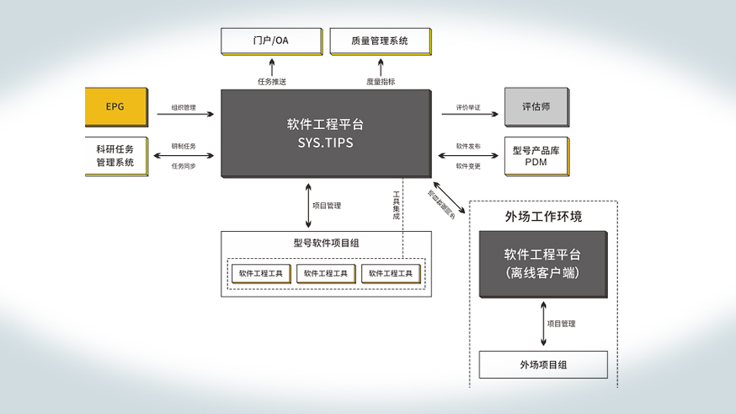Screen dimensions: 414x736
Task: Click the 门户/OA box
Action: (x=271, y=40)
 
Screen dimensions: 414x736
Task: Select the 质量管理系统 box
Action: (x=381, y=40)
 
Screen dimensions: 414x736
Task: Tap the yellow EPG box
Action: (x=115, y=107)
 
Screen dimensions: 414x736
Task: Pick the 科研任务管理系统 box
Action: (x=115, y=156)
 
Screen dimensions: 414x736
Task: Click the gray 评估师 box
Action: (x=536, y=107)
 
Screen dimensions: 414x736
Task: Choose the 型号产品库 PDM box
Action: (x=536, y=156)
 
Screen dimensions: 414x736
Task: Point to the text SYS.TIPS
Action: (x=325, y=143)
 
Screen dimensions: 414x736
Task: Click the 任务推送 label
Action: (x=271, y=82)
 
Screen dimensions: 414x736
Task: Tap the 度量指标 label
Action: (x=381, y=82)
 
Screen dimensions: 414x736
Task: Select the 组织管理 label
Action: (x=184, y=107)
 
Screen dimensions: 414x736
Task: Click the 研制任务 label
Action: (x=184, y=146)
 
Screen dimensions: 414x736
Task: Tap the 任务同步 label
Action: (x=184, y=166)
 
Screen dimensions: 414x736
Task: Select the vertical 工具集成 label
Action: (x=397, y=206)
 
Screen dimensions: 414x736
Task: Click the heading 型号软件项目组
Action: (x=326, y=243)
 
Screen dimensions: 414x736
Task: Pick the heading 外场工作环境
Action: (x=543, y=217)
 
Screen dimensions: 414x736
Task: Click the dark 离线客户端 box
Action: (x=542, y=264)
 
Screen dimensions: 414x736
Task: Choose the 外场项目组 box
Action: (x=542, y=365)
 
